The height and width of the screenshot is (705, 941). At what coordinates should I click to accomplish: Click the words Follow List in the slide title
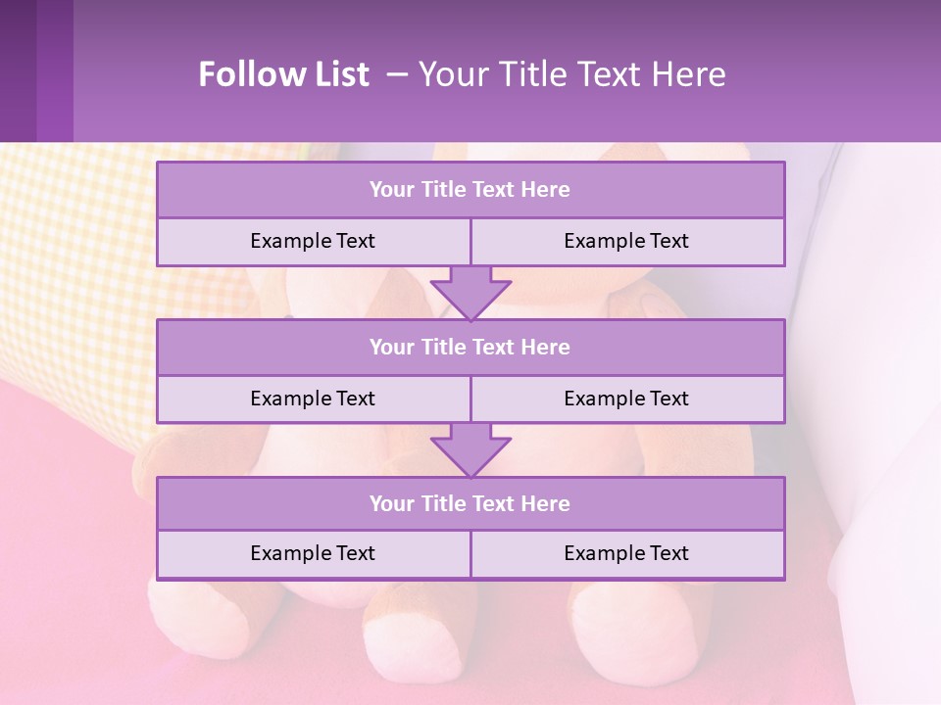click(283, 74)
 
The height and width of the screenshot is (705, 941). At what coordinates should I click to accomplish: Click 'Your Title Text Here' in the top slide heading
click(571, 74)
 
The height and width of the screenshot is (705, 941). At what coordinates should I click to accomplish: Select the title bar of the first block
click(470, 190)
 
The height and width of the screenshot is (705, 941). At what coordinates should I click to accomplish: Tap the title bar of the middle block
click(470, 347)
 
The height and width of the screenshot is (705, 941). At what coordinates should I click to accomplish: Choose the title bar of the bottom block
click(470, 503)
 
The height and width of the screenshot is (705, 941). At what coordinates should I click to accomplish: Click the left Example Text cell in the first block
click(313, 241)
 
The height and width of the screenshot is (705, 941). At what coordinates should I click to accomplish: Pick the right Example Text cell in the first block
click(626, 241)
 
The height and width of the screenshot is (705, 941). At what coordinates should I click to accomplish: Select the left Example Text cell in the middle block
click(313, 399)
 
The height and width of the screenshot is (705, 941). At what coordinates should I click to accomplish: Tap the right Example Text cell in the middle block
click(626, 399)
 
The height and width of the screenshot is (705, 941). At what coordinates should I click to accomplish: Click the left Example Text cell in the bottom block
click(313, 553)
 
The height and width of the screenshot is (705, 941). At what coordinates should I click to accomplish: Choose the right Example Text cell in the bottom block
click(626, 553)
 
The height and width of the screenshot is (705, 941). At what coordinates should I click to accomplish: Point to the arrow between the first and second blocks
click(470, 293)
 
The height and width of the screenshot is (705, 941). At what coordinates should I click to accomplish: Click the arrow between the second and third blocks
click(470, 449)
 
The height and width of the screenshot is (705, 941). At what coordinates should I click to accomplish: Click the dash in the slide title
click(397, 74)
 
